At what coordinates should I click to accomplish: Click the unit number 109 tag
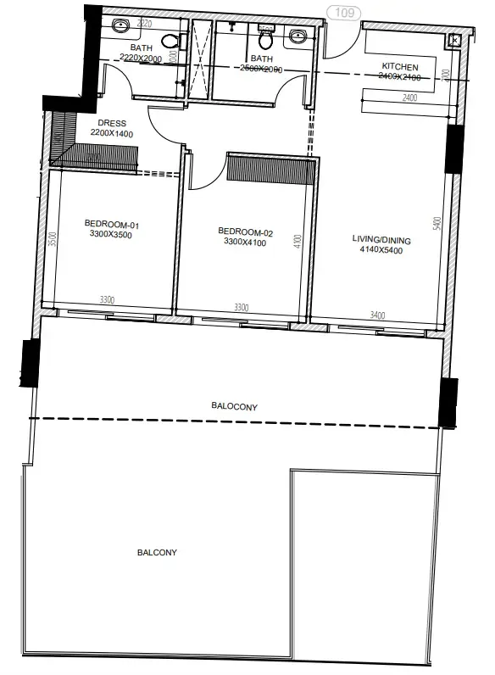pyautogui.click(x=344, y=13)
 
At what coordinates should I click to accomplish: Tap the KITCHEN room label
pyautogui.click(x=400, y=66)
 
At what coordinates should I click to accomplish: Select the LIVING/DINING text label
pyautogui.click(x=381, y=240)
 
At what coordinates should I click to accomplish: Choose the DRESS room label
pyautogui.click(x=112, y=124)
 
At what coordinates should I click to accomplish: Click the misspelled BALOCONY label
pyautogui.click(x=235, y=407)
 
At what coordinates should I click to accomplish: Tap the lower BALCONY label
pyautogui.click(x=157, y=552)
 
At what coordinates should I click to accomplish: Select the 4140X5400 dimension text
pyautogui.click(x=381, y=251)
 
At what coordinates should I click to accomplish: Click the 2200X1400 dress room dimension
pyautogui.click(x=112, y=134)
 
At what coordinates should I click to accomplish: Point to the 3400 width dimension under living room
pyautogui.click(x=376, y=315)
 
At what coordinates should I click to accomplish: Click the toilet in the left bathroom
pyautogui.click(x=170, y=40)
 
